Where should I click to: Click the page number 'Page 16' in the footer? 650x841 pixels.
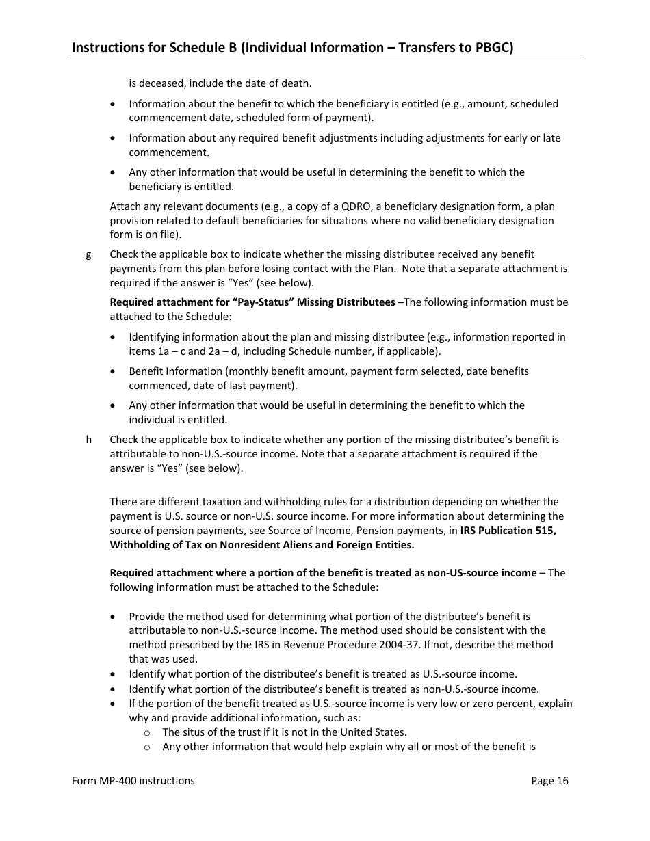tap(549, 781)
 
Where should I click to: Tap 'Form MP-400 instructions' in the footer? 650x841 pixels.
tap(133, 781)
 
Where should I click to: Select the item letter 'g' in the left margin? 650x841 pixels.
tap(88, 254)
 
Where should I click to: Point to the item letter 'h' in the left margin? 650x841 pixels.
tap(88, 440)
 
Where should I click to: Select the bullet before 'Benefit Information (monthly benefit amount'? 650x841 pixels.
tap(113, 371)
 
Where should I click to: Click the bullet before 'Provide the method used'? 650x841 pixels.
tap(113, 617)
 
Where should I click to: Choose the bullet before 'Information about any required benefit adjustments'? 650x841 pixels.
tap(113, 138)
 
